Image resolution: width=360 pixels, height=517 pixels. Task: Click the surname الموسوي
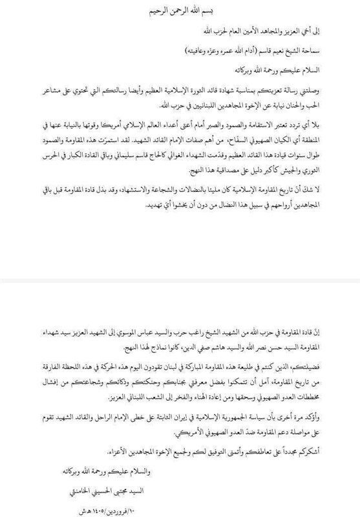click(122, 333)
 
